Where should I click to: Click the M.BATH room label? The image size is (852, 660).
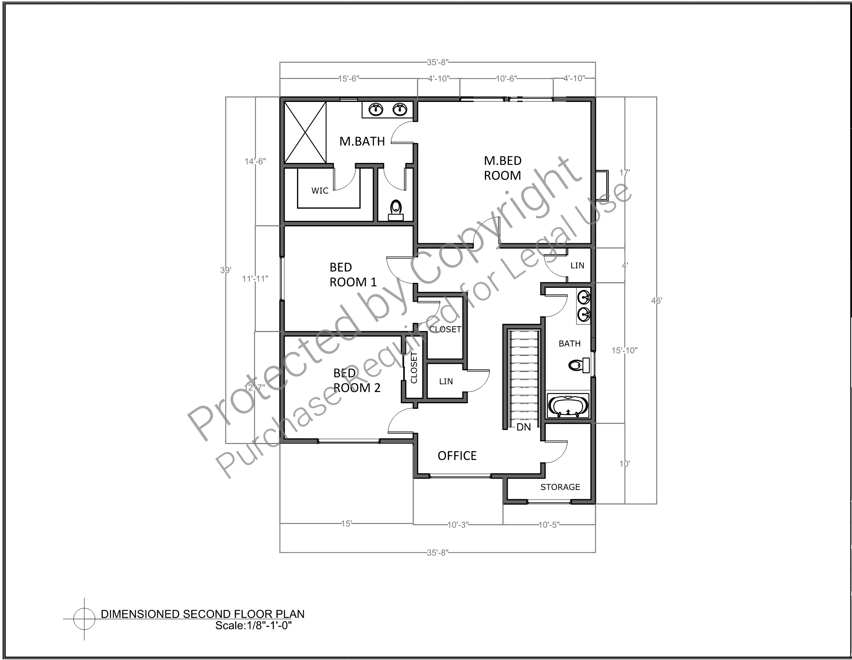tap(362, 141)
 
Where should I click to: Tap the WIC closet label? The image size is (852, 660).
tap(320, 191)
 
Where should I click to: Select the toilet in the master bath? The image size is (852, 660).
tap(396, 210)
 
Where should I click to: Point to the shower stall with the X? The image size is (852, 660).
tap(305, 133)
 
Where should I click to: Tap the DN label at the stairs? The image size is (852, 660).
tap(523, 427)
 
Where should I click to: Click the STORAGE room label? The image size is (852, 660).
tap(560, 487)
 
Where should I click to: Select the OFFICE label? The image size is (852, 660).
tap(457, 456)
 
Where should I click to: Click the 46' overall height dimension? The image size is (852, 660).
tap(657, 301)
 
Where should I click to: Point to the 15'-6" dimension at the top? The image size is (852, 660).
tap(348, 79)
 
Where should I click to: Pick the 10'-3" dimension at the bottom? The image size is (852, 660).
tap(457, 525)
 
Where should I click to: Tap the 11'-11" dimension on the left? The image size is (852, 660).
tap(255, 279)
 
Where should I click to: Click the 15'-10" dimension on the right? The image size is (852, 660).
tap(625, 350)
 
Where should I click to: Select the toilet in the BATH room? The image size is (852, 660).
tap(579, 365)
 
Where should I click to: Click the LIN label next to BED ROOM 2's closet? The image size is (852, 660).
tap(446, 381)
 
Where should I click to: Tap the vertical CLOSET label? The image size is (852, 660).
tap(414, 368)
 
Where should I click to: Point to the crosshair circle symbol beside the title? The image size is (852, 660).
tap(84, 619)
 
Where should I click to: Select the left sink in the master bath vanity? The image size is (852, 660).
tap(376, 109)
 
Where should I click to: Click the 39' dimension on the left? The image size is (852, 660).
tap(226, 270)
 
